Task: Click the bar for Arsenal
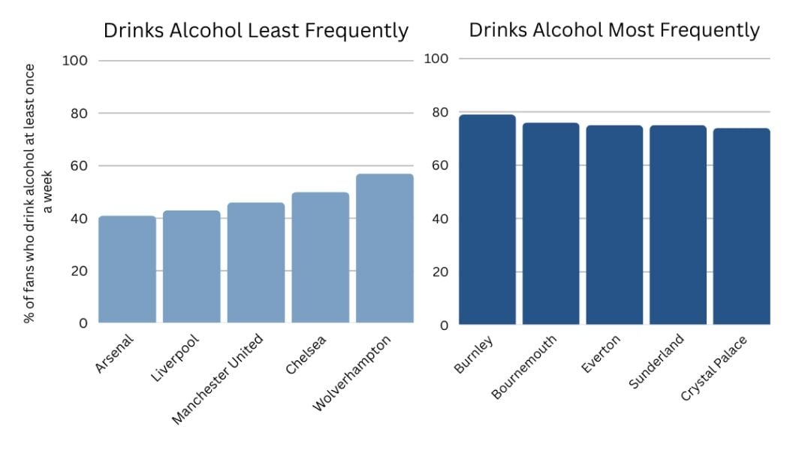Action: pos(127,270)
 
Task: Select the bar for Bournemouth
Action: pos(550,224)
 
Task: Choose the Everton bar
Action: pos(614,225)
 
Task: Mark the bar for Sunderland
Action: pos(677,225)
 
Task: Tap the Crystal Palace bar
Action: pos(741,226)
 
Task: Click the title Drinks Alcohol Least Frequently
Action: pos(256,31)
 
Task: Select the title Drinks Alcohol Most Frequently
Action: pos(614,30)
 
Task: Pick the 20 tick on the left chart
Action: pos(79,271)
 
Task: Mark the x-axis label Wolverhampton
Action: pos(352,373)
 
